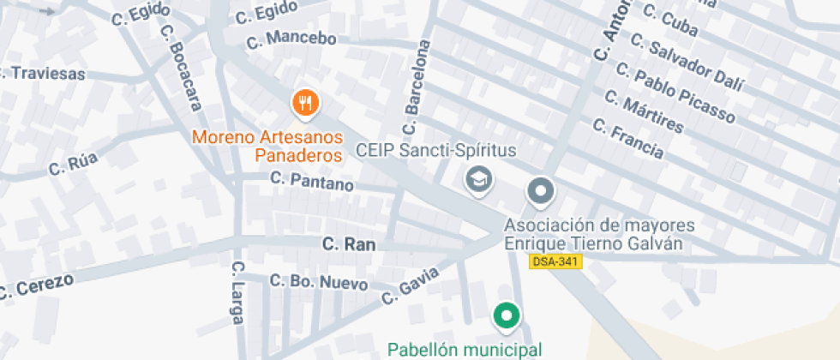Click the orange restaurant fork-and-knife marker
[x=305, y=105]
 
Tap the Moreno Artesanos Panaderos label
[x=267, y=146]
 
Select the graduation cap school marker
[x=476, y=180]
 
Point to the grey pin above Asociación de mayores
[x=540, y=192]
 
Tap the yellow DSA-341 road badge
[x=555, y=261]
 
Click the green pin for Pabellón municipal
[x=507, y=317]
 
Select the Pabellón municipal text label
[x=465, y=349]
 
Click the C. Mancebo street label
[x=291, y=39]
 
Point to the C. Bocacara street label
[x=181, y=67]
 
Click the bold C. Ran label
[x=349, y=244]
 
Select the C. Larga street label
[x=238, y=294]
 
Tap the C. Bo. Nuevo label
[x=319, y=281]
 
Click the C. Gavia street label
[x=411, y=285]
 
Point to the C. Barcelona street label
[x=416, y=88]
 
